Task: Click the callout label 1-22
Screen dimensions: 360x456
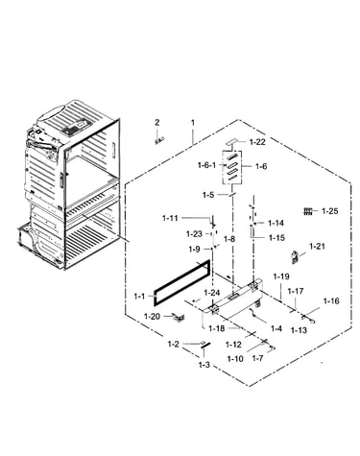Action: [257, 142]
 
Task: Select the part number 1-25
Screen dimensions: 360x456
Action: [330, 211]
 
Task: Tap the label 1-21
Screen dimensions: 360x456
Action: [317, 247]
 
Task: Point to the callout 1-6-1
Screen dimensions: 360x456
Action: [206, 165]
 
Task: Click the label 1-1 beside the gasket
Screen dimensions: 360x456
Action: [139, 297]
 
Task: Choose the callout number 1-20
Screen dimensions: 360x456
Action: [152, 317]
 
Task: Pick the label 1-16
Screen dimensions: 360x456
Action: [331, 301]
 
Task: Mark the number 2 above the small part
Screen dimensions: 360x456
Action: [156, 122]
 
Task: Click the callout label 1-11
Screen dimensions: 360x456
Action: [170, 218]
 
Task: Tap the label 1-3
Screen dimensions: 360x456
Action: [204, 365]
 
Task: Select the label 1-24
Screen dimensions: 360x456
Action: [212, 293]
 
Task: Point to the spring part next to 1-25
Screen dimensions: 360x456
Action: [307, 211]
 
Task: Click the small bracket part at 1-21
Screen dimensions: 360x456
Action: [295, 257]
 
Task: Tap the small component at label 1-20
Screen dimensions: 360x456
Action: [179, 317]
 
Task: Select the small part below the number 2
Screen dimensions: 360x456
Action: [159, 140]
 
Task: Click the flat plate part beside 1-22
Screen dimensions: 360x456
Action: [233, 141]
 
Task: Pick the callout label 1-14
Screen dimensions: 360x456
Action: [276, 223]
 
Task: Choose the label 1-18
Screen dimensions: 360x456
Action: [217, 328]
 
